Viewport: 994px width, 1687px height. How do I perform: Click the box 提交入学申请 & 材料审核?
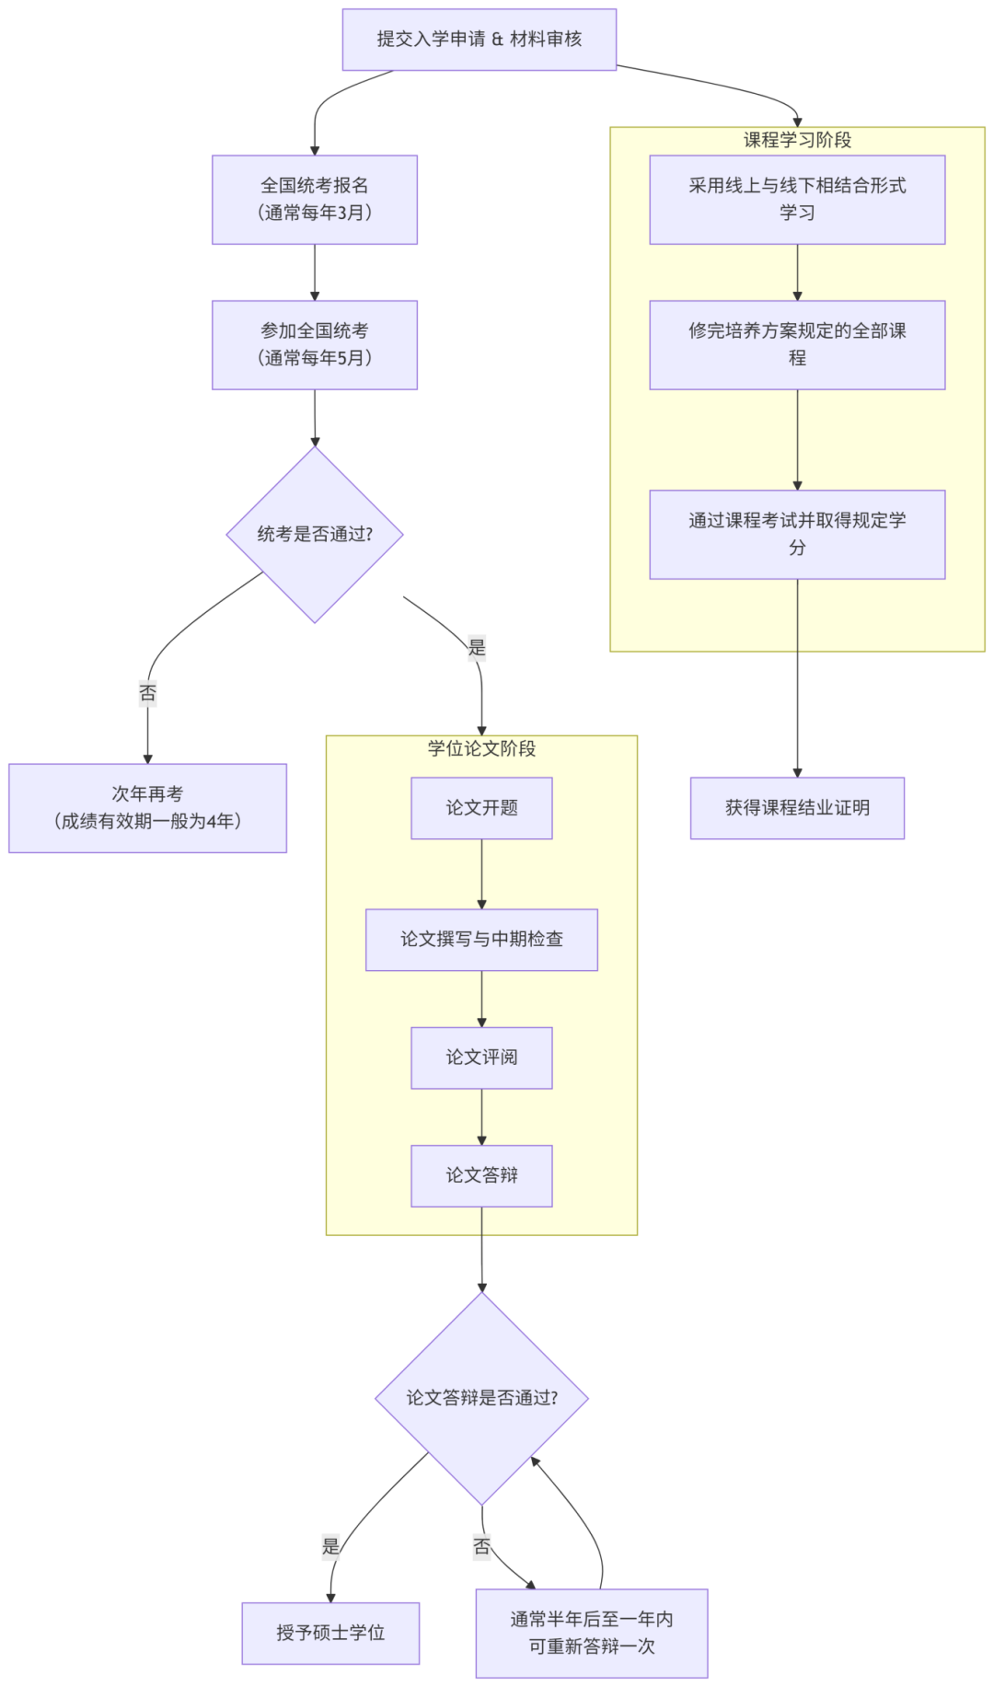479,40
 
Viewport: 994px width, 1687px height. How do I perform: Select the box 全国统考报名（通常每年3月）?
314,200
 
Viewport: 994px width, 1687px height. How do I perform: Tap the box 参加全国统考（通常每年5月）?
314,345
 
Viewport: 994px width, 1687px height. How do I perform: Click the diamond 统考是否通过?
314,534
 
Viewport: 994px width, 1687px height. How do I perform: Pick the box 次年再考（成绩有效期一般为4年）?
147,808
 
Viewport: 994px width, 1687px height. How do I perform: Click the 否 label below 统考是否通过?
147,692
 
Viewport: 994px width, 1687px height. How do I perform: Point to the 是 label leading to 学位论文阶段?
476,647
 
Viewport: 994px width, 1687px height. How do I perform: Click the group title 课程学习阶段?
797,140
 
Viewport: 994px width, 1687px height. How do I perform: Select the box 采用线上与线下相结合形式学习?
797,200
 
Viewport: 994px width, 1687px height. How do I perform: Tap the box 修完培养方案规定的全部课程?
797,345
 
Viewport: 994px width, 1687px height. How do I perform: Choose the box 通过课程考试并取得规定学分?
797,535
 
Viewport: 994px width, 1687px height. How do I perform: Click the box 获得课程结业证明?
797,808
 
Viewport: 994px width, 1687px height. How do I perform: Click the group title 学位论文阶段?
481,748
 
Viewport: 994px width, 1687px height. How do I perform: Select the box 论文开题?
481,808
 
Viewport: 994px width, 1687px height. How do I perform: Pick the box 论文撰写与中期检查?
481,940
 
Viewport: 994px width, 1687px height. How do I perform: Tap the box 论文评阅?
481,1057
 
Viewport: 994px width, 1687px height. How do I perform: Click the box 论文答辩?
481,1175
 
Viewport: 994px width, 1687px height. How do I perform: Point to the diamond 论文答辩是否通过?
481,1398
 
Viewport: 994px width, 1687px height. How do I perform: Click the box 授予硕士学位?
330,1633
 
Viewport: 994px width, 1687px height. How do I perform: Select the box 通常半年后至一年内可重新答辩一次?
591,1633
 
